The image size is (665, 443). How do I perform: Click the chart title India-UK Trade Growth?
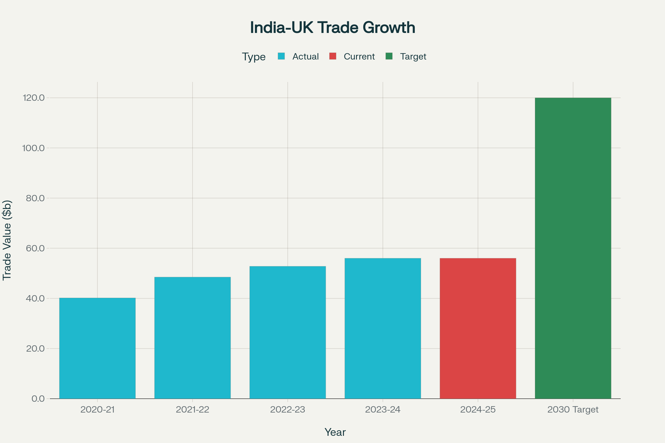tap(332, 28)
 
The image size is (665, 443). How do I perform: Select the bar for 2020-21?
tap(97, 348)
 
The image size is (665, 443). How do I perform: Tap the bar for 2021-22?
tap(192, 338)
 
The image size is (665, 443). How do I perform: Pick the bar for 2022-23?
tap(288, 332)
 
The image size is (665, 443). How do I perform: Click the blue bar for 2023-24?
tap(383, 328)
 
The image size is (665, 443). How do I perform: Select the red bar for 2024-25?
tap(478, 328)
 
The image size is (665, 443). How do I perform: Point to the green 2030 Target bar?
tap(573, 248)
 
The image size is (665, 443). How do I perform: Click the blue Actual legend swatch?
tap(281, 56)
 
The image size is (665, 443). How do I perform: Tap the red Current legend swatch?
tap(333, 56)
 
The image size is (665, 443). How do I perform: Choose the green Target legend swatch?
tap(389, 56)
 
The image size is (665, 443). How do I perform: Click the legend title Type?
tap(254, 57)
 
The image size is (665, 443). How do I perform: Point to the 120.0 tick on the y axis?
tap(34, 98)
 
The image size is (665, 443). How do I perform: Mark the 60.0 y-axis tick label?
tap(35, 248)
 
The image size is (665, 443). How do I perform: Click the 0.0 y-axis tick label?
tap(38, 399)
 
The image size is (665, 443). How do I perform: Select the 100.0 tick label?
tap(34, 148)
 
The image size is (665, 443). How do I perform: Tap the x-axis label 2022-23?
tap(288, 410)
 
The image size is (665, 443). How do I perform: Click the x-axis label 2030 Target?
tap(573, 410)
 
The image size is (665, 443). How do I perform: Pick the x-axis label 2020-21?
tap(97, 410)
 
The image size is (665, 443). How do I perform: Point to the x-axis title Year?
tap(335, 432)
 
